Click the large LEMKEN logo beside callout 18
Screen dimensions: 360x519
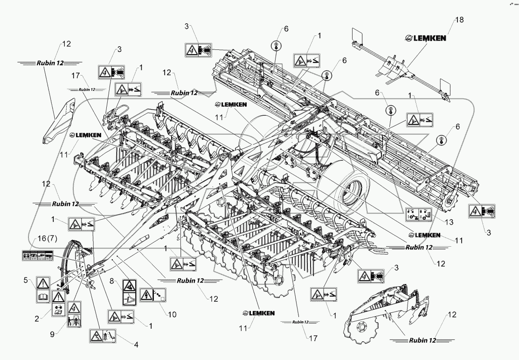[425, 39]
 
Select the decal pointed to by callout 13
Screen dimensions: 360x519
[419, 214]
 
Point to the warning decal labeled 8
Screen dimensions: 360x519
[129, 291]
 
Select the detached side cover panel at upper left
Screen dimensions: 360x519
[58, 120]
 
